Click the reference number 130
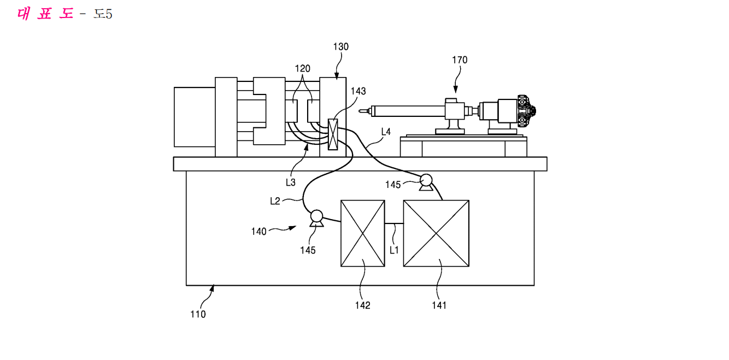[x=341, y=47]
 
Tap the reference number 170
[x=460, y=60]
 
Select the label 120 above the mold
[x=302, y=69]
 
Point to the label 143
[x=358, y=91]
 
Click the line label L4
[x=386, y=132]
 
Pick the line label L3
[x=291, y=182]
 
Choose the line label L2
[x=275, y=201]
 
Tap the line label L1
[x=394, y=250]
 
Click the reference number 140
[x=258, y=232]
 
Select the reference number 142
[x=362, y=305]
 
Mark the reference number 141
[x=439, y=305]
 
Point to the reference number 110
[x=198, y=314]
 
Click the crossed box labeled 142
[x=362, y=233]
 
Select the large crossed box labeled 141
[x=436, y=233]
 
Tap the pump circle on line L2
[x=316, y=216]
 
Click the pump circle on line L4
[x=426, y=180]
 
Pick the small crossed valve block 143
[x=333, y=134]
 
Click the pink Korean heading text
[x=45, y=14]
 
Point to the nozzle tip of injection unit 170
[x=360, y=111]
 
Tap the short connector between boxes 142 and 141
[x=394, y=223]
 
